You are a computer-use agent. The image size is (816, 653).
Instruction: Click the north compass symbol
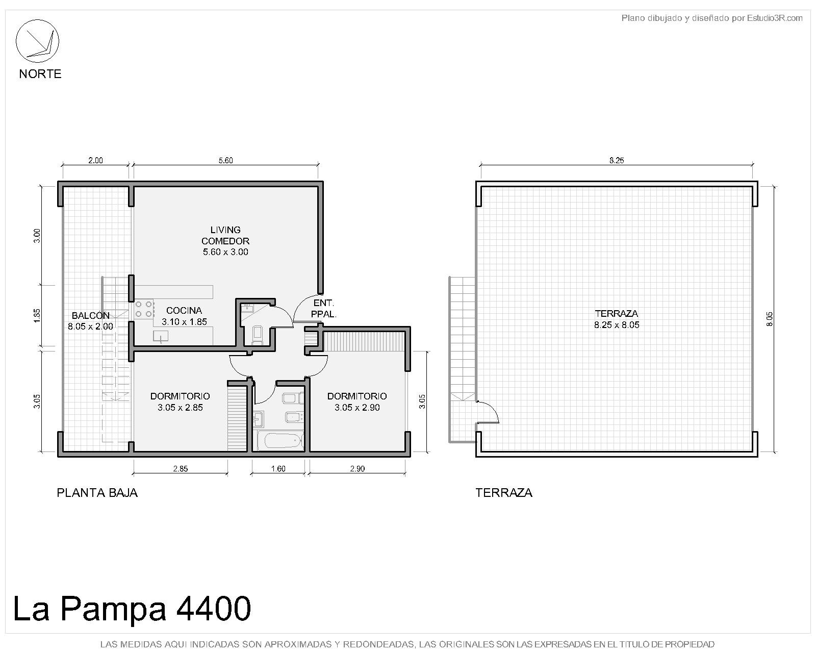pyautogui.click(x=37, y=41)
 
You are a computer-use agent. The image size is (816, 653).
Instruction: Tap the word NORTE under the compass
pyautogui.click(x=40, y=73)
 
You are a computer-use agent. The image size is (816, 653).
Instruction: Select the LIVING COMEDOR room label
pyautogui.click(x=225, y=235)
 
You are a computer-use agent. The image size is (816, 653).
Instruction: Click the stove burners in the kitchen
pyautogui.click(x=144, y=309)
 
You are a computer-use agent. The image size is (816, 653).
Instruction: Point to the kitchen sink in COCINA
pyautogui.click(x=161, y=336)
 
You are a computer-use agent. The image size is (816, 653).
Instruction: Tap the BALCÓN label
pyautogui.click(x=91, y=315)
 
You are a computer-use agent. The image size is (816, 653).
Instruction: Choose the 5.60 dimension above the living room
pyautogui.click(x=225, y=161)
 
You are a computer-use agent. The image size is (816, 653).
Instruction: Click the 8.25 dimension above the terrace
pyautogui.click(x=617, y=161)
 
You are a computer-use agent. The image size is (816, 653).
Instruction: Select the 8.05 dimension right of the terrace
pyautogui.click(x=770, y=319)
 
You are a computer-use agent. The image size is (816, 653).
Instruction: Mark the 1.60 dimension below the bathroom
pyautogui.click(x=278, y=469)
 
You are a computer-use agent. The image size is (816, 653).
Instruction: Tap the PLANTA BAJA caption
pyautogui.click(x=97, y=493)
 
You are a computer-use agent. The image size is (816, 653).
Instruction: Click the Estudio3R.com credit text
pyautogui.click(x=774, y=18)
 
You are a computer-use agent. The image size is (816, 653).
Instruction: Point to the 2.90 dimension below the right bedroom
pyautogui.click(x=357, y=469)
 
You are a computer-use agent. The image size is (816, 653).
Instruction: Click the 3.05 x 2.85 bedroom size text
pyautogui.click(x=180, y=408)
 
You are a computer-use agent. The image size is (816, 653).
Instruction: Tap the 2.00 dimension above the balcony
pyautogui.click(x=95, y=161)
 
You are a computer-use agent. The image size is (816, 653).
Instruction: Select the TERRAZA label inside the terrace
pyautogui.click(x=617, y=314)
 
